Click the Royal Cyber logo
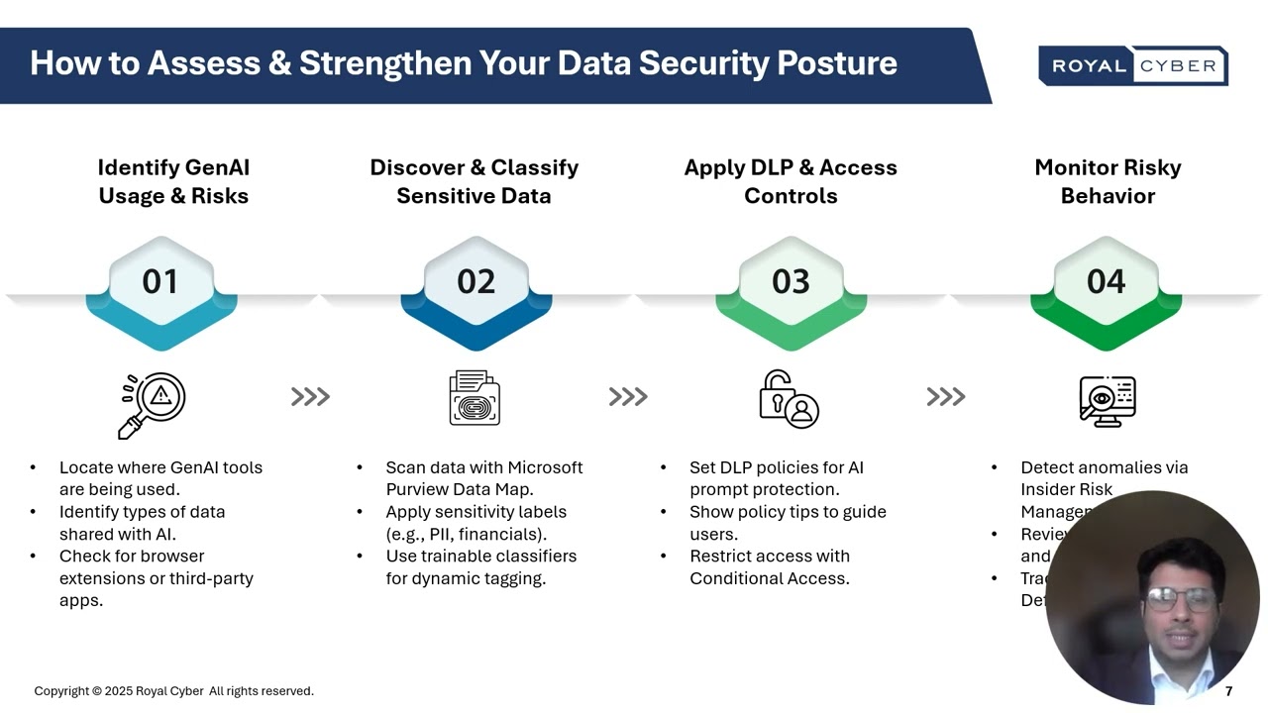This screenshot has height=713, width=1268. pos(1133,65)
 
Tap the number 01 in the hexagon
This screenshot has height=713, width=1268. pos(160,282)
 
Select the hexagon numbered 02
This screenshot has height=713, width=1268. pos(475,287)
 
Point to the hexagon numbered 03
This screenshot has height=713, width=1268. pos(791,287)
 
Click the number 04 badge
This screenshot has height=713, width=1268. pos(1106,282)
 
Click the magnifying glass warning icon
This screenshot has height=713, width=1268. pos(153,404)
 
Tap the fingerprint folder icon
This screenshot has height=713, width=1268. pos(475,398)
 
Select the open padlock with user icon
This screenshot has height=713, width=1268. pos(789,399)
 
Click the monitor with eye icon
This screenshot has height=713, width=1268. pos(1107,401)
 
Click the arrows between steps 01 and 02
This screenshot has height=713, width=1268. pos(310,397)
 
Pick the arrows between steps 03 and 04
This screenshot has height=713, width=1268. pos(945,397)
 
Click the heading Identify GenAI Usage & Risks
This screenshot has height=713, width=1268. pos(173,182)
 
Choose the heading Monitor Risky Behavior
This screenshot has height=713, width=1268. pos(1108,182)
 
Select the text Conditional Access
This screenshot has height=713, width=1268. pos(769,578)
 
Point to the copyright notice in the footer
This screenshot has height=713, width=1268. pos(173,691)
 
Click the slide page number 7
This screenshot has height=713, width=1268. pos(1228,691)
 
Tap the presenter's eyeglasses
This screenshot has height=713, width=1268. pos(1181,599)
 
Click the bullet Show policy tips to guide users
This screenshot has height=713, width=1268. pos(787,523)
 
